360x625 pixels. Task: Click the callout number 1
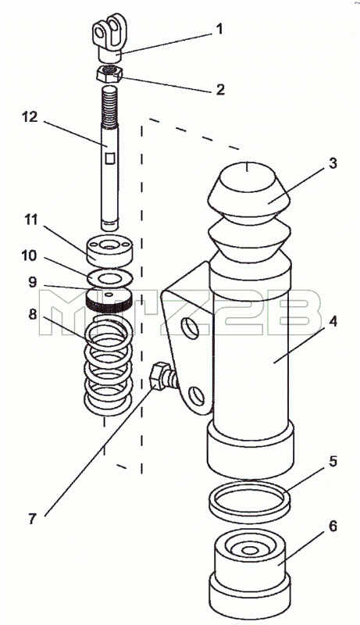[219, 30]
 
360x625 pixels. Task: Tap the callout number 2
[220, 89]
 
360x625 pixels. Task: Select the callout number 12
[30, 117]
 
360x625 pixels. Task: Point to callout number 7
[32, 519]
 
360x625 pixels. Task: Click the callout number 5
[333, 461]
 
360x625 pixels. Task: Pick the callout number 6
[333, 526]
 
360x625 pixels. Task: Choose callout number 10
[29, 255]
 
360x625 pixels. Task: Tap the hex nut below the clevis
[109, 73]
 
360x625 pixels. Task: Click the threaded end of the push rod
[110, 105]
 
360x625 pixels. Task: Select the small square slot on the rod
[110, 159]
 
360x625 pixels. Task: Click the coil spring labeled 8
[108, 366]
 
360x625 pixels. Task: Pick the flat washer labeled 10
[109, 278]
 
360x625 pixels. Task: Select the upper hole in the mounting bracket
[189, 328]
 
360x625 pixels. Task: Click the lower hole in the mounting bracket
[197, 395]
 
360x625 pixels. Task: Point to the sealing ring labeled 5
[249, 498]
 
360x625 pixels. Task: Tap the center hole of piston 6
[250, 551]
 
